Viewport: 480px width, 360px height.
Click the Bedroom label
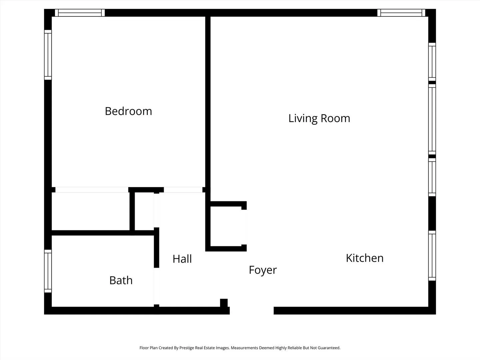pyautogui.click(x=128, y=111)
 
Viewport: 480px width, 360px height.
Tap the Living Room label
pyautogui.click(x=319, y=118)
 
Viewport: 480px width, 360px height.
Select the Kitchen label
pyautogui.click(x=365, y=258)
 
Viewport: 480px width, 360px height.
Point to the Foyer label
pyautogui.click(x=263, y=270)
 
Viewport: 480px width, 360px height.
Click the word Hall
pyautogui.click(x=182, y=259)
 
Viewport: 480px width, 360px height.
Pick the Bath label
pyautogui.click(x=121, y=280)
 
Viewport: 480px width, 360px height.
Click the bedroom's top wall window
pyautogui.click(x=80, y=13)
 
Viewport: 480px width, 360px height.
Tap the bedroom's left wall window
pyautogui.click(x=48, y=55)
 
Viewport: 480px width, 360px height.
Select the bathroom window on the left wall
pyautogui.click(x=48, y=271)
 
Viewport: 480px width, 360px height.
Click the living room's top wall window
pyautogui.click(x=401, y=13)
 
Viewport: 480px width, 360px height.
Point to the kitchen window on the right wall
pyautogui.click(x=432, y=256)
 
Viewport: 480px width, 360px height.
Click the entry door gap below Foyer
pyautogui.click(x=252, y=311)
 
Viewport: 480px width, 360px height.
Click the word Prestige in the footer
pyautogui.click(x=187, y=348)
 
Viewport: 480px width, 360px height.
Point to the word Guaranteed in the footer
pyautogui.click(x=329, y=348)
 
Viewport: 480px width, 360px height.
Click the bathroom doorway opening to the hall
pyautogui.click(x=157, y=286)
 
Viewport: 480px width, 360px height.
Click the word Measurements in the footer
pyautogui.click(x=244, y=348)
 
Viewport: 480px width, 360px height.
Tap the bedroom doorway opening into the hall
pyautogui.click(x=183, y=190)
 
